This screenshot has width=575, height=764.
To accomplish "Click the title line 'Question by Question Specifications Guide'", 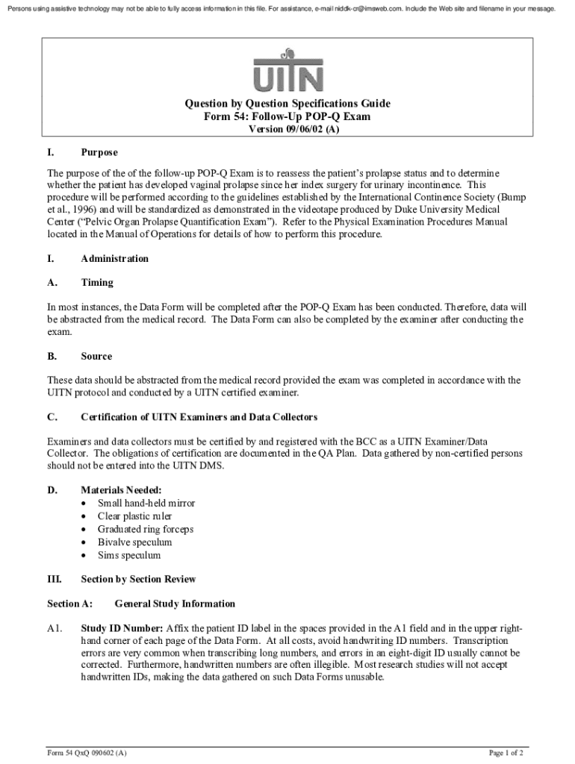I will [x=287, y=104].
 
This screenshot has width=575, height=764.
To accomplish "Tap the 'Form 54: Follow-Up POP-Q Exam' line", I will [x=287, y=117].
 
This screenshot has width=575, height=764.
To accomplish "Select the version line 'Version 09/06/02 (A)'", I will [x=287, y=130].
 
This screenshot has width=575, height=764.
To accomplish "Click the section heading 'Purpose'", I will [x=99, y=153].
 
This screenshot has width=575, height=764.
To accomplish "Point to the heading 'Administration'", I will [x=114, y=259].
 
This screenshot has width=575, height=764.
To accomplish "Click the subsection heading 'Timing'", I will [x=97, y=283].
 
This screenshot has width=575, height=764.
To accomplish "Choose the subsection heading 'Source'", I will [x=96, y=357].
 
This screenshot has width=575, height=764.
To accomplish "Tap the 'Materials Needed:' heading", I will [x=121, y=490].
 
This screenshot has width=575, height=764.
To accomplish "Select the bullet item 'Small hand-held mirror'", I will [x=146, y=504].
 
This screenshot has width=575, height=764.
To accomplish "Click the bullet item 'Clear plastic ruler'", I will [x=135, y=516].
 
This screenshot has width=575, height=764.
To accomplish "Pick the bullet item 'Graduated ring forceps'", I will [x=146, y=530].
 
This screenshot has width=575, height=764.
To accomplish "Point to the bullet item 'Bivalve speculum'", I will [x=134, y=542].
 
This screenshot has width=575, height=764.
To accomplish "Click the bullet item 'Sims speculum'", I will [x=128, y=556].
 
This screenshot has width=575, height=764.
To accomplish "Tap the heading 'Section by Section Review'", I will [x=138, y=580].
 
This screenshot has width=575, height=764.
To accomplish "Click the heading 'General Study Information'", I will [x=175, y=604].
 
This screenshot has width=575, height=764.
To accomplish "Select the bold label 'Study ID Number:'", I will [x=122, y=628].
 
